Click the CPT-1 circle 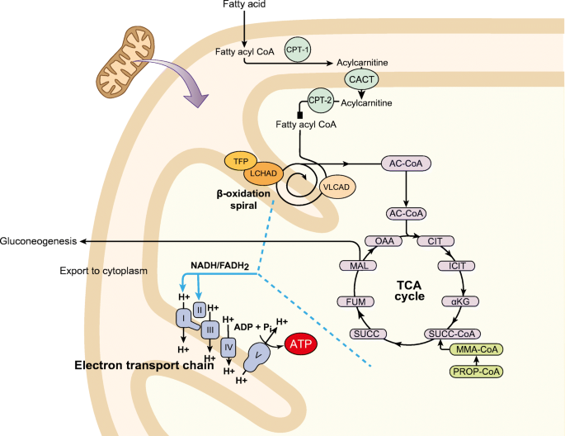[297, 50]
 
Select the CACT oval [361, 79]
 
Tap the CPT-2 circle [320, 100]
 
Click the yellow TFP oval [241, 161]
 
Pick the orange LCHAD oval [263, 173]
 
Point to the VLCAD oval [337, 187]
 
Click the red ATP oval [301, 344]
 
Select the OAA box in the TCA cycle [384, 241]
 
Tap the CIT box [436, 241]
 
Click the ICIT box [456, 266]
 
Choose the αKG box [460, 301]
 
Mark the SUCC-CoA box [452, 334]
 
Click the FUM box [355, 301]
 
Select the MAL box [358, 266]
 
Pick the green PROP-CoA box [476, 372]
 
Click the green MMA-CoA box [477, 349]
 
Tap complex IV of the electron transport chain [228, 348]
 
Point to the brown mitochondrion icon [125, 62]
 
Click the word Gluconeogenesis [38, 241]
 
